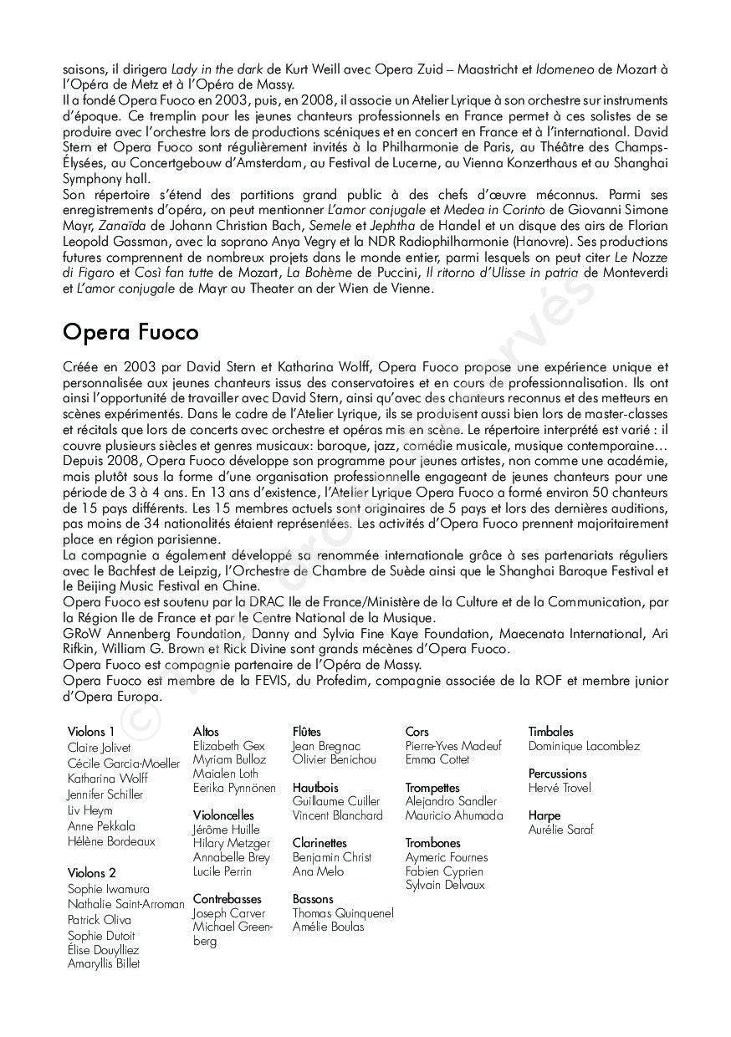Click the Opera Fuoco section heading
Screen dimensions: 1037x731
point(130,333)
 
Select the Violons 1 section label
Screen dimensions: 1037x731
point(91,732)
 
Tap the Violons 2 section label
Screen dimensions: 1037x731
point(92,872)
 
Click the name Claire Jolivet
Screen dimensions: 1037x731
point(99,748)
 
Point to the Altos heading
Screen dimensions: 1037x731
point(206,732)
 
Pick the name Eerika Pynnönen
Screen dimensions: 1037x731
point(234,788)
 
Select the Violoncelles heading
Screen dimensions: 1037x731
point(223,815)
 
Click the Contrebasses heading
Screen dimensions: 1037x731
point(227,899)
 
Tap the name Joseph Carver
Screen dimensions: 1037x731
point(228,913)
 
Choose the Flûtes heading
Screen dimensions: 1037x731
point(307,732)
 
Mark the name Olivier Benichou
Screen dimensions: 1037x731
point(335,759)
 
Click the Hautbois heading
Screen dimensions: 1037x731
point(315,787)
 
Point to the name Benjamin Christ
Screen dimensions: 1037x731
point(332,857)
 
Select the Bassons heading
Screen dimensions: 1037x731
point(313,899)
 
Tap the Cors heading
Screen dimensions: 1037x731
point(417,732)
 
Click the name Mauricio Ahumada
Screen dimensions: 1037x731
point(454,815)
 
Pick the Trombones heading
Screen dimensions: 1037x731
point(433,843)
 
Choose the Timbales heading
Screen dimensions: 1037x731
point(550,732)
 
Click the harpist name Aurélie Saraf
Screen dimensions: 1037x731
point(560,830)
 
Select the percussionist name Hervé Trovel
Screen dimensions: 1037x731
point(560,788)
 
